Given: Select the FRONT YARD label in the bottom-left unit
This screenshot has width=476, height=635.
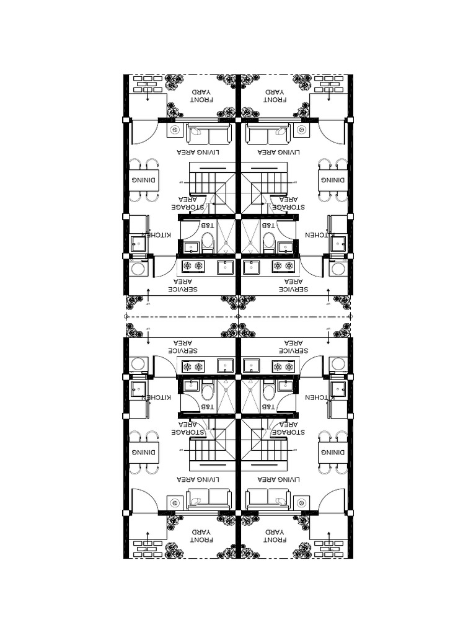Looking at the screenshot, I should pos(201,536).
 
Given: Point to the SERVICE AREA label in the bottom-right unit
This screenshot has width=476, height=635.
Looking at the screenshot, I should pos(294,346).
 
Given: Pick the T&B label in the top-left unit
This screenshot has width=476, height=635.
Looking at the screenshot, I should pos(206,225).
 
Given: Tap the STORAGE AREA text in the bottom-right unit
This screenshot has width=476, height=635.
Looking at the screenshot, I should pos(289,427).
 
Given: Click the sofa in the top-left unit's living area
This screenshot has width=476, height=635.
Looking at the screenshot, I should pos(209,134).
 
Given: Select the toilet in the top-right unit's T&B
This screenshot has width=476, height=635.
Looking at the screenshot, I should pos(269,241).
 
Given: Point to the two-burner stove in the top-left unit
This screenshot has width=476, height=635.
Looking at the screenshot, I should pos(193,267).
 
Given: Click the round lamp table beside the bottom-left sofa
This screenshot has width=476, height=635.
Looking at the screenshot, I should pos(175,501).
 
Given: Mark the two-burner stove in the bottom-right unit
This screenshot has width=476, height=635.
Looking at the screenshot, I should pos(284,366).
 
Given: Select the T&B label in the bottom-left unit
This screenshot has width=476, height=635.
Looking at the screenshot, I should pos(206,407).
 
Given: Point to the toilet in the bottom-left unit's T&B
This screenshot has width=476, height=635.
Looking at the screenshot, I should pos(208,391).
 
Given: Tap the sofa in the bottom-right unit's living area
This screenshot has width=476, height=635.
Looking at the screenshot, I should pos(268,498).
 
